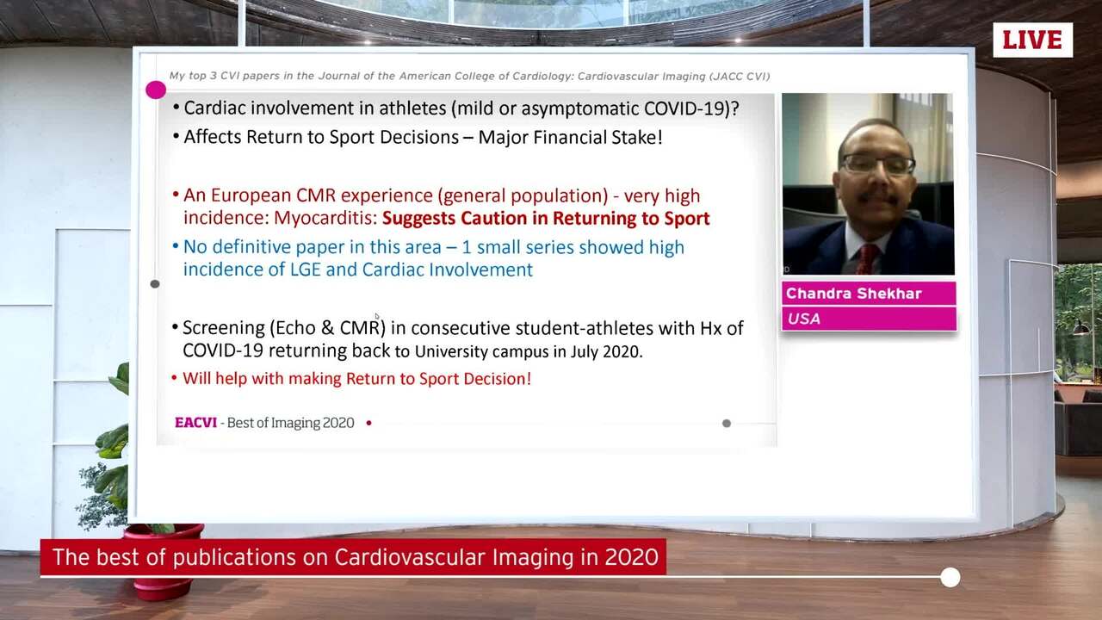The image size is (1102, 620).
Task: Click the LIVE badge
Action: [x=1032, y=40]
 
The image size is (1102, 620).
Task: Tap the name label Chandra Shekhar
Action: [x=853, y=294]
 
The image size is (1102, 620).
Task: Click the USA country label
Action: [x=803, y=319]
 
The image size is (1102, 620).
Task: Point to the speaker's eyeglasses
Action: [x=876, y=164]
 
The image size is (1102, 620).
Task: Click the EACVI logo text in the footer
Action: [x=195, y=423]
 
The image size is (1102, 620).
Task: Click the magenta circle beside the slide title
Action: [x=156, y=90]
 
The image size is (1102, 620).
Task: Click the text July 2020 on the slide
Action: [x=610, y=350]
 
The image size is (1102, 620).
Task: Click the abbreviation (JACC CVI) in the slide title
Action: [x=739, y=77]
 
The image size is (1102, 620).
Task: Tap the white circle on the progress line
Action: [x=950, y=577]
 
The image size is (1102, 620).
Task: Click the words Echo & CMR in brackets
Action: [x=328, y=328]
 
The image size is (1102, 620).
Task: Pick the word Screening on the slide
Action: [x=223, y=328]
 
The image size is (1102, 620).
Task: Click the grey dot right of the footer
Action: [x=727, y=423]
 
